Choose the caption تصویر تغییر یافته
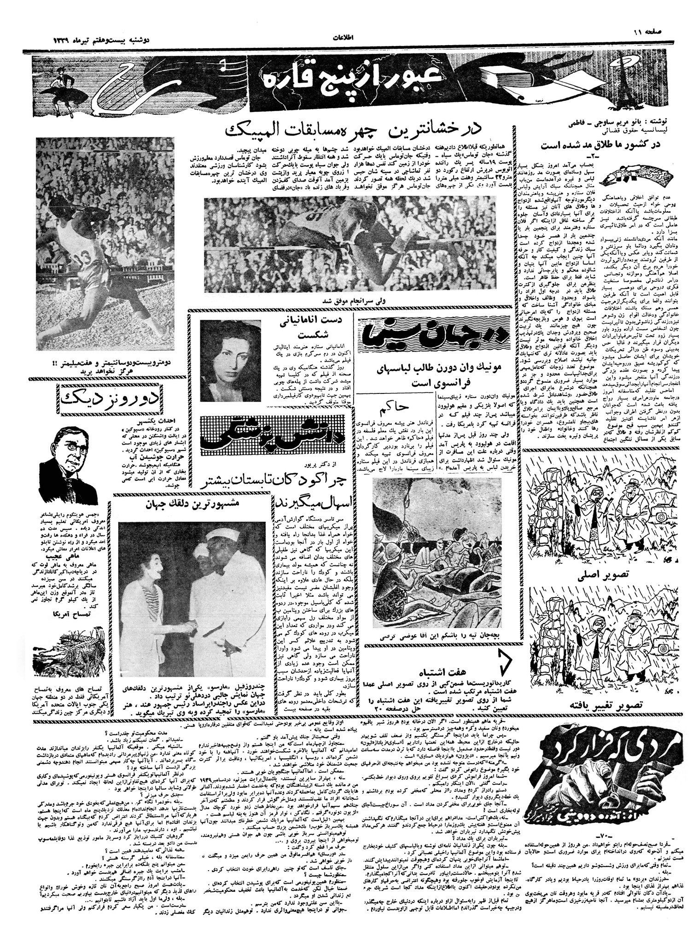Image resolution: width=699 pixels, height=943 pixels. (x=601, y=704)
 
